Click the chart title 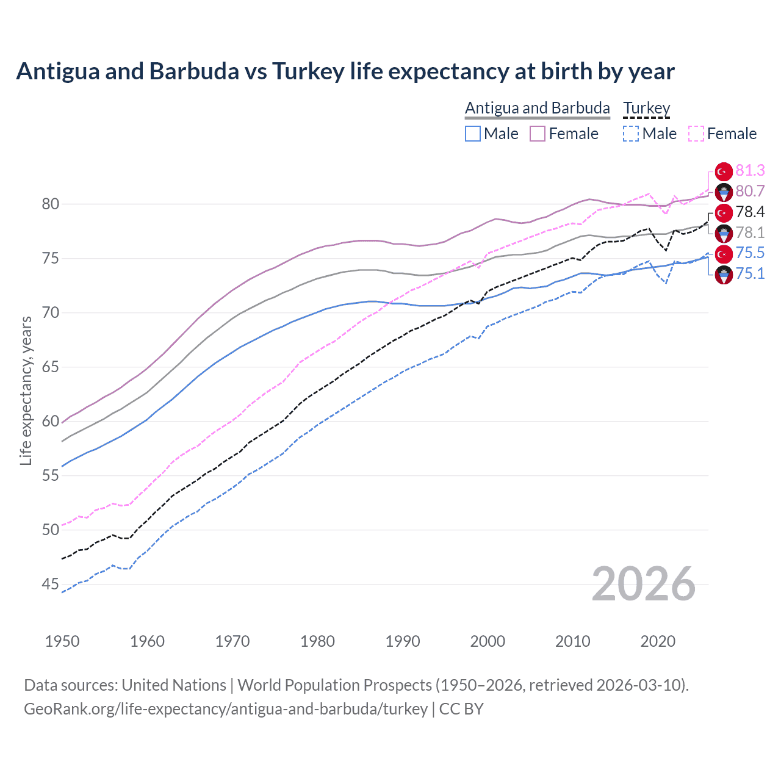coord(345,71)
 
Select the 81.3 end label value coord(750,170)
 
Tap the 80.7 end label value coord(750,191)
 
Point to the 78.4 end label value coord(750,212)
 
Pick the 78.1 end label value coord(750,232)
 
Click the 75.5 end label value coord(750,253)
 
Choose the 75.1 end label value coord(750,273)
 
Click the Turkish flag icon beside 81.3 coord(724,171)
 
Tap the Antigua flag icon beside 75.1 coord(724,275)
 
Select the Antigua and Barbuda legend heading coord(537,108)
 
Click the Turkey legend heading coord(646,108)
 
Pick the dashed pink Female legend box coord(696,134)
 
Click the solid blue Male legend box coord(473,134)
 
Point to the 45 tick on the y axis coord(51,585)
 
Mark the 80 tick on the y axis coord(51,204)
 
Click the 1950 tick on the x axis coord(62,641)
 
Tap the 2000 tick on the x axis coord(488,641)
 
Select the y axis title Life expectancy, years coord(26,390)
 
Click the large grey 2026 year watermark coord(643,584)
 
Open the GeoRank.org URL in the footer coord(226,709)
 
